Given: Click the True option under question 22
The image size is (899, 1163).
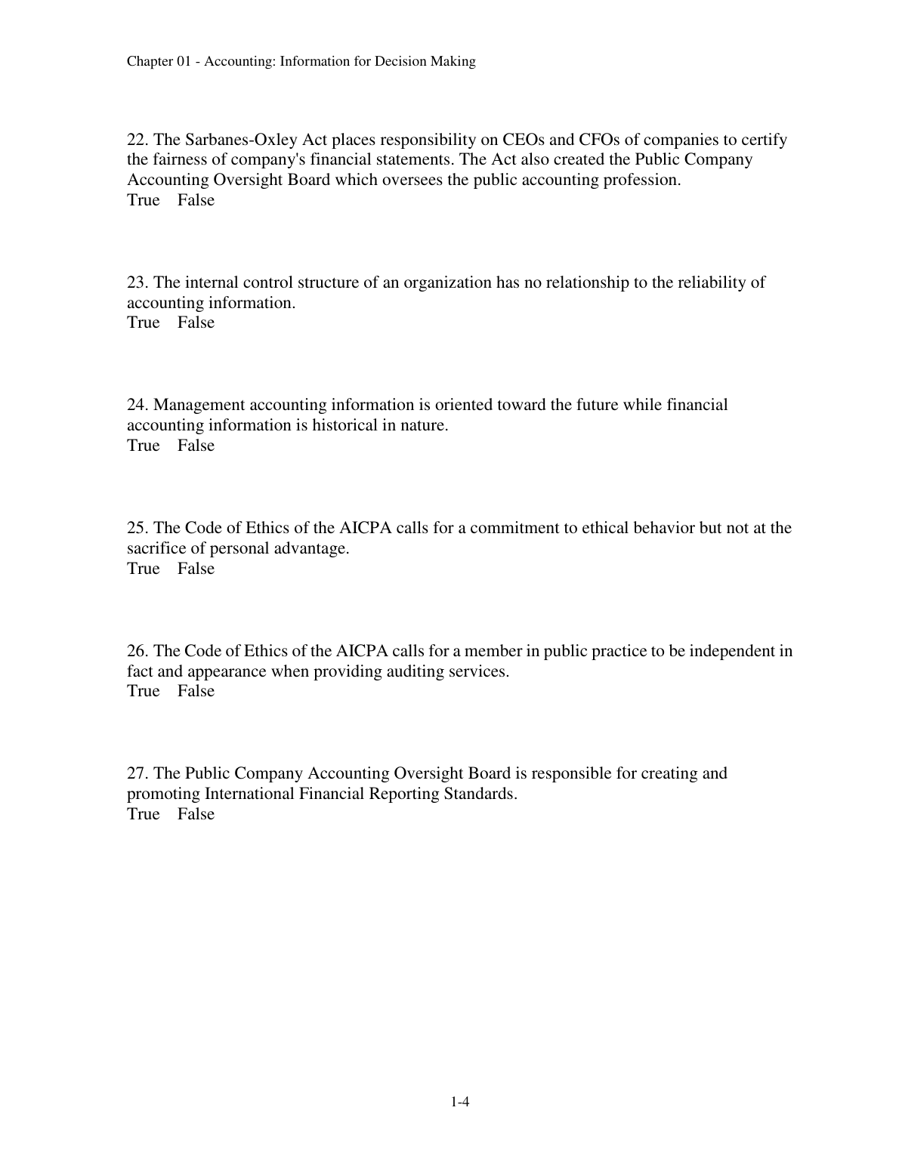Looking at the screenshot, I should click(144, 200).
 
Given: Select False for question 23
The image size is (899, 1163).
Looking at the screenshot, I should click(196, 322).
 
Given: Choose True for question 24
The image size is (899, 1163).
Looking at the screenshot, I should click(144, 446).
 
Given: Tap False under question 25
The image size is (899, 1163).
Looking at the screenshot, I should click(196, 569).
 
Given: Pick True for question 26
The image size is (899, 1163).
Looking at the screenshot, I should click(144, 691).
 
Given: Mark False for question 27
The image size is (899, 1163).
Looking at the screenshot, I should click(196, 814).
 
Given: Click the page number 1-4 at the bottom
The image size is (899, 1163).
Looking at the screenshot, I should click(461, 1103).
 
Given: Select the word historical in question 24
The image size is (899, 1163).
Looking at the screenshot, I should click(344, 425).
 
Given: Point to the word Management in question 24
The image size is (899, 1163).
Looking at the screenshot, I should click(199, 405).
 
